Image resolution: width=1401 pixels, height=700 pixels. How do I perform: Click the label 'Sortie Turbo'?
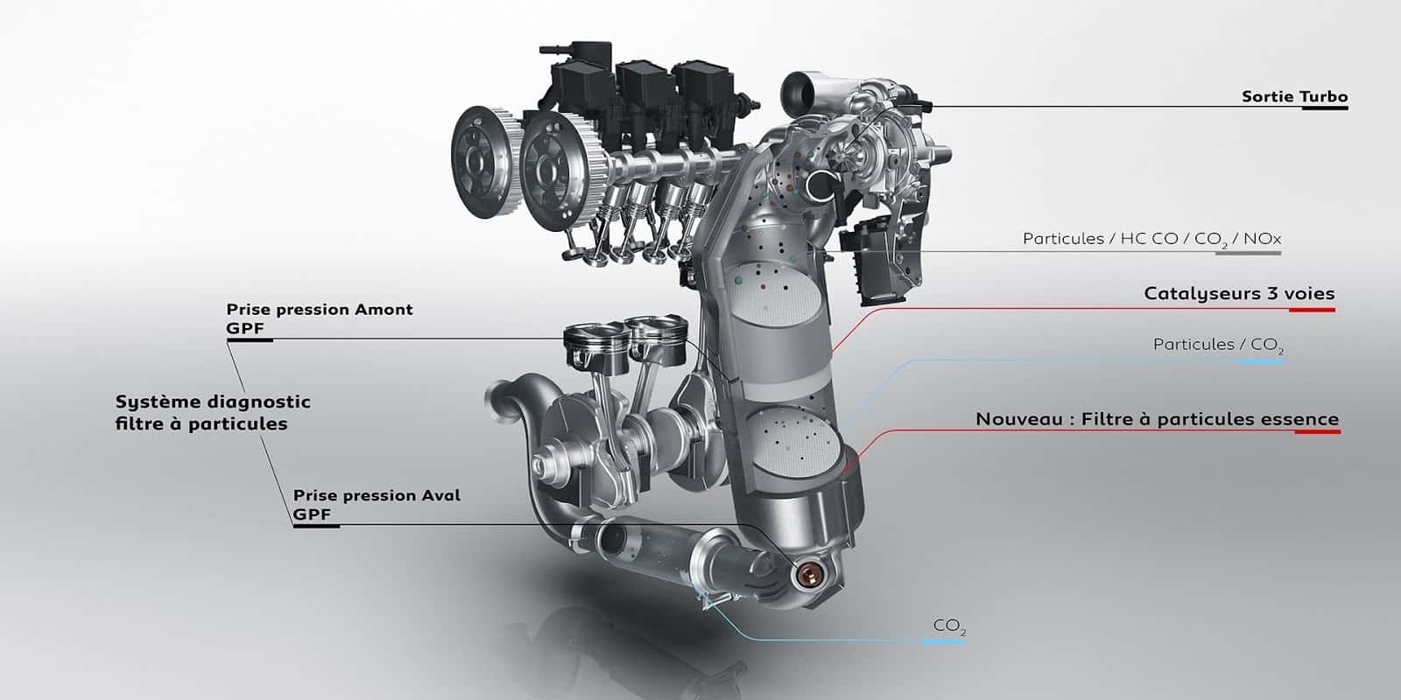(x=1294, y=97)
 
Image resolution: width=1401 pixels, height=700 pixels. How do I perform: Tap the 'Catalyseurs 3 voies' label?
(x=1239, y=294)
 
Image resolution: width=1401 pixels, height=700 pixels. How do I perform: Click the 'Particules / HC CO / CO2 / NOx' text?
(x=1151, y=239)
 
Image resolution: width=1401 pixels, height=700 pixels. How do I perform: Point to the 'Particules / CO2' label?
(x=1218, y=345)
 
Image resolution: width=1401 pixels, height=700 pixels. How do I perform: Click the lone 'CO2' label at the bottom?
(x=949, y=626)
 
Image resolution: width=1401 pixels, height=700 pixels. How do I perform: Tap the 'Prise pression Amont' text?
(x=319, y=310)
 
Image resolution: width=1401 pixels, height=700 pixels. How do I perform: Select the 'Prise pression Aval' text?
(x=377, y=495)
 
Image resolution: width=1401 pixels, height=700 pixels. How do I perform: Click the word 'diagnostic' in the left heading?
(x=261, y=402)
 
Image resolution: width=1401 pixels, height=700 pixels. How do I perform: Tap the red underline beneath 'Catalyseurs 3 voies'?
(x=1305, y=309)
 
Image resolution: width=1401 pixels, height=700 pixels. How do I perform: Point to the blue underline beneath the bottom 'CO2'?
(x=942, y=642)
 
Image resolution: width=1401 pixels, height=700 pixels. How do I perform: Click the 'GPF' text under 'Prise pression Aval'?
(x=313, y=514)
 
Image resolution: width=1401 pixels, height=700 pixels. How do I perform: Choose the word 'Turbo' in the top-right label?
(x=1324, y=97)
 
